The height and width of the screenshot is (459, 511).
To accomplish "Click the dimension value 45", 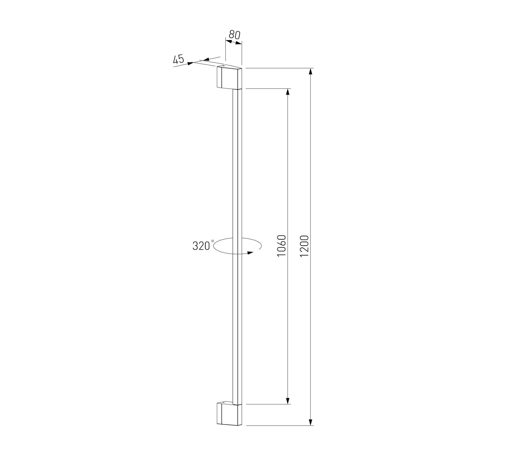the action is tap(179, 59).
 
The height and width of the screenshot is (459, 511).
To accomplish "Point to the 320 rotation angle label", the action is tap(201, 246).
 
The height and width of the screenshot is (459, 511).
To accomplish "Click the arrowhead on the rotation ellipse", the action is tap(250, 253).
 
